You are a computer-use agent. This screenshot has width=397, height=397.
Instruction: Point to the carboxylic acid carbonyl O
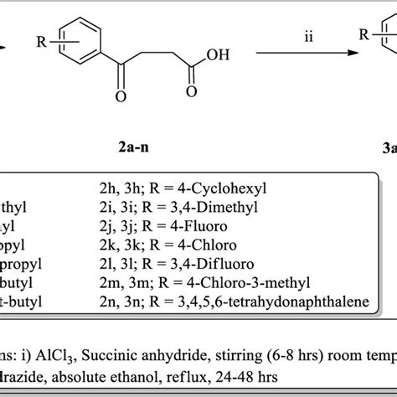coord(195,93)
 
